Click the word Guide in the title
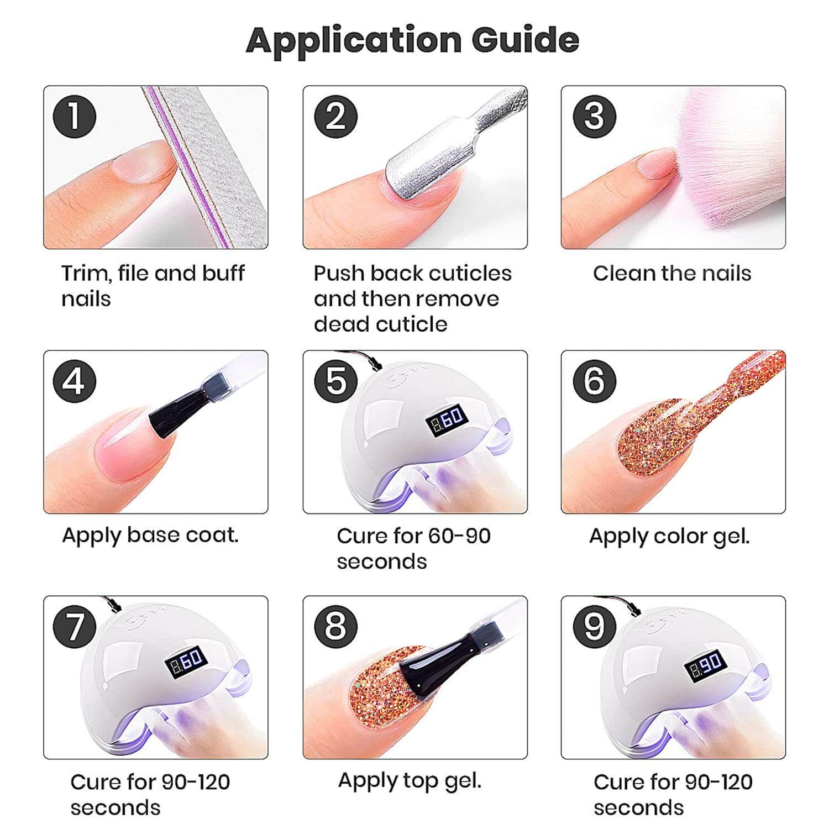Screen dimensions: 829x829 pos(525,40)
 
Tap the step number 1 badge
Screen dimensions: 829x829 pos(75,117)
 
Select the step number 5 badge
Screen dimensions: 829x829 pos(335,381)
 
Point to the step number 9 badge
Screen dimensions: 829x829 pos(594,626)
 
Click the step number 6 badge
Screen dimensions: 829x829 pos(594,381)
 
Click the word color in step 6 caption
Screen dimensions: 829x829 pos(680,536)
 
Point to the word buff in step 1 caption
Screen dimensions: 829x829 pos(223,273)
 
